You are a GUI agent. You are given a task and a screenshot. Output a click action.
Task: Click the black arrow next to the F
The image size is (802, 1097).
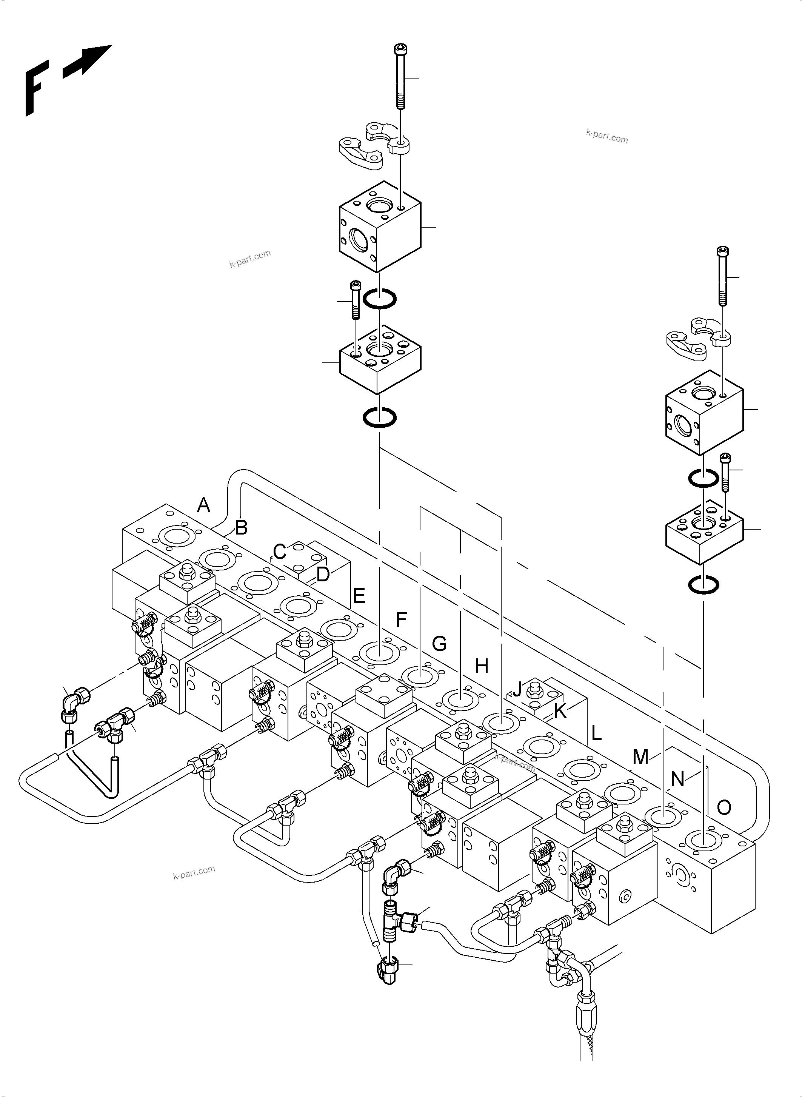(x=88, y=62)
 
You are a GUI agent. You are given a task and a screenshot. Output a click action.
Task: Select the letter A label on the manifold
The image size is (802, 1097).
(x=204, y=505)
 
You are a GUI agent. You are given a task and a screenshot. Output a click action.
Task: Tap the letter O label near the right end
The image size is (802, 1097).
(x=724, y=807)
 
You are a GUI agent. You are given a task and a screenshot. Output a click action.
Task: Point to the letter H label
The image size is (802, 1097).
(x=481, y=667)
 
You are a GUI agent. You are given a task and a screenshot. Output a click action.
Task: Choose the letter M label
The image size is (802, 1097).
(x=641, y=756)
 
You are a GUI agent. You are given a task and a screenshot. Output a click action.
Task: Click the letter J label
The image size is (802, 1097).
(x=517, y=688)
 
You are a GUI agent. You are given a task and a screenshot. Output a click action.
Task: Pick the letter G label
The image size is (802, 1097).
(x=439, y=644)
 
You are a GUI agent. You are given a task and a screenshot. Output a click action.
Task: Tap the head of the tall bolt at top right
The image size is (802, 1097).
(x=723, y=251)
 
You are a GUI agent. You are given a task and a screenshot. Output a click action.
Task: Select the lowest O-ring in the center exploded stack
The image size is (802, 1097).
(x=380, y=417)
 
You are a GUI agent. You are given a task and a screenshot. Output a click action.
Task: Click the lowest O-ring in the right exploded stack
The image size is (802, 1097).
(x=703, y=585)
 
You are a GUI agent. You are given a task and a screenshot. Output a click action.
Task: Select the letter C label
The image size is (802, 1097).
(x=279, y=552)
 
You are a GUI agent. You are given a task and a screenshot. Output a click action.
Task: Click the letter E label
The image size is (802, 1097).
(x=359, y=596)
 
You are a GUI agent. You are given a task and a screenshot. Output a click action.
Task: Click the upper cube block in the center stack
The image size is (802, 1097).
(x=380, y=227)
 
